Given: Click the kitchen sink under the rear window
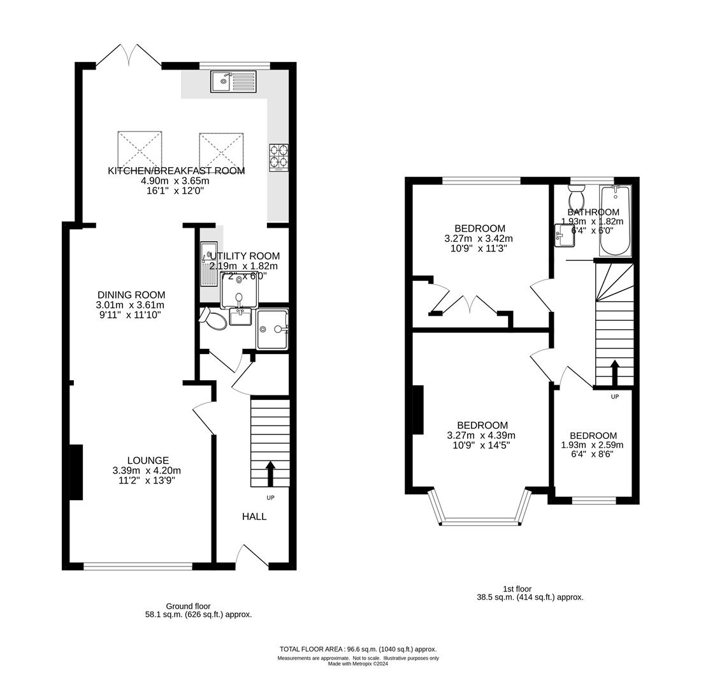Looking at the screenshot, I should (233, 82).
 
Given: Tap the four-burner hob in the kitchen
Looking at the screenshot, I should (278, 157).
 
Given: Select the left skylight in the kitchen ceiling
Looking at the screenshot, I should (140, 150).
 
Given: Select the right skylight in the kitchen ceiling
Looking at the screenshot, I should (221, 151).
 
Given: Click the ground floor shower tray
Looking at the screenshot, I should (273, 329).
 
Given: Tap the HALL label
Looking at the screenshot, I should (254, 517).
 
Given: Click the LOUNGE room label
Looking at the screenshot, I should (148, 461).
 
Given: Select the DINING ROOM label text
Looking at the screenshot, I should (131, 295).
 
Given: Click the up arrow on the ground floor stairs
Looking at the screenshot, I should (270, 473).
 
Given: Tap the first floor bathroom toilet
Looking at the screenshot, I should (577, 193).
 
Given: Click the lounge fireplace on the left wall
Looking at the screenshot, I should (76, 472).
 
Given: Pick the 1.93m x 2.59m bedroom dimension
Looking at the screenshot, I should (592, 445).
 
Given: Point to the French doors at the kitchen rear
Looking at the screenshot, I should (129, 56).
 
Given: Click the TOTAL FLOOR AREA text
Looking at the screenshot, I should (358, 648).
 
